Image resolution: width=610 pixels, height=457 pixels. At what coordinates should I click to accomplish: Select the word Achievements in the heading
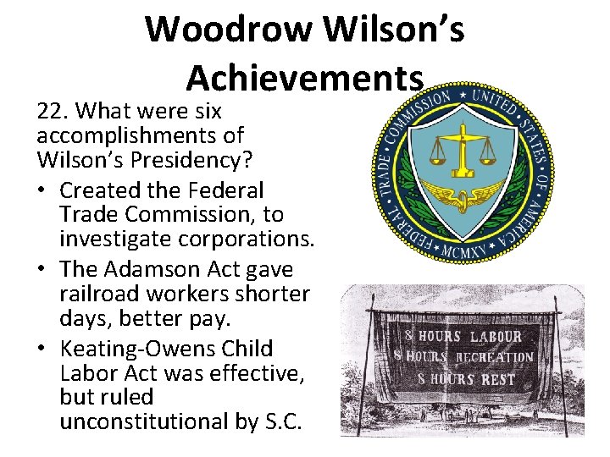pos(304,78)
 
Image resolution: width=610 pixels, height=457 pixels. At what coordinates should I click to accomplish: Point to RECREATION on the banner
pos(495,356)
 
